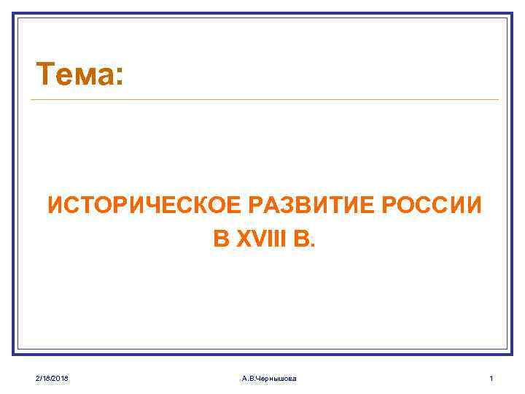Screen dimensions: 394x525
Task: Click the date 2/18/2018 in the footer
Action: coord(52,378)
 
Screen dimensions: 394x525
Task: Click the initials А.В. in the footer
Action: coord(249,378)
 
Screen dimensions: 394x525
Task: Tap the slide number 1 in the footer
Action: coord(491,378)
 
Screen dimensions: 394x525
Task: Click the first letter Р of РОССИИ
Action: coord(389,206)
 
